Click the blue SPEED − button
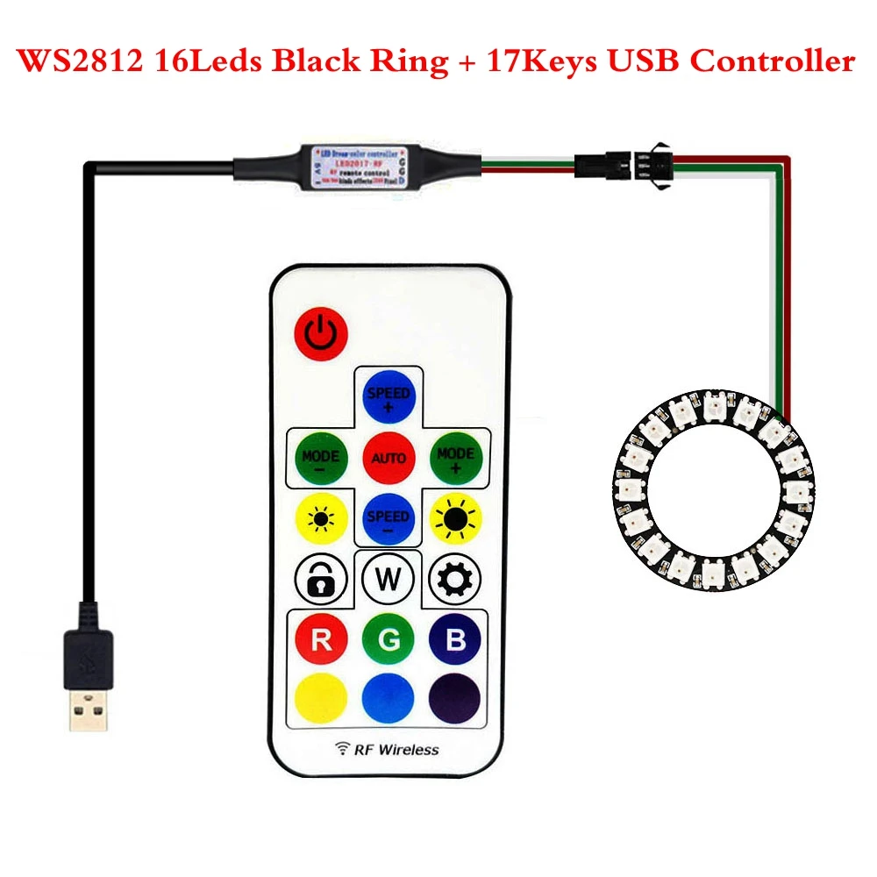[388, 518]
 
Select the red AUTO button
[388, 458]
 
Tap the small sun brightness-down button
[318, 518]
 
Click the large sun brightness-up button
[456, 518]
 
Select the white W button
[388, 579]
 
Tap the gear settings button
[455, 579]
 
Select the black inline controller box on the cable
[359, 164]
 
